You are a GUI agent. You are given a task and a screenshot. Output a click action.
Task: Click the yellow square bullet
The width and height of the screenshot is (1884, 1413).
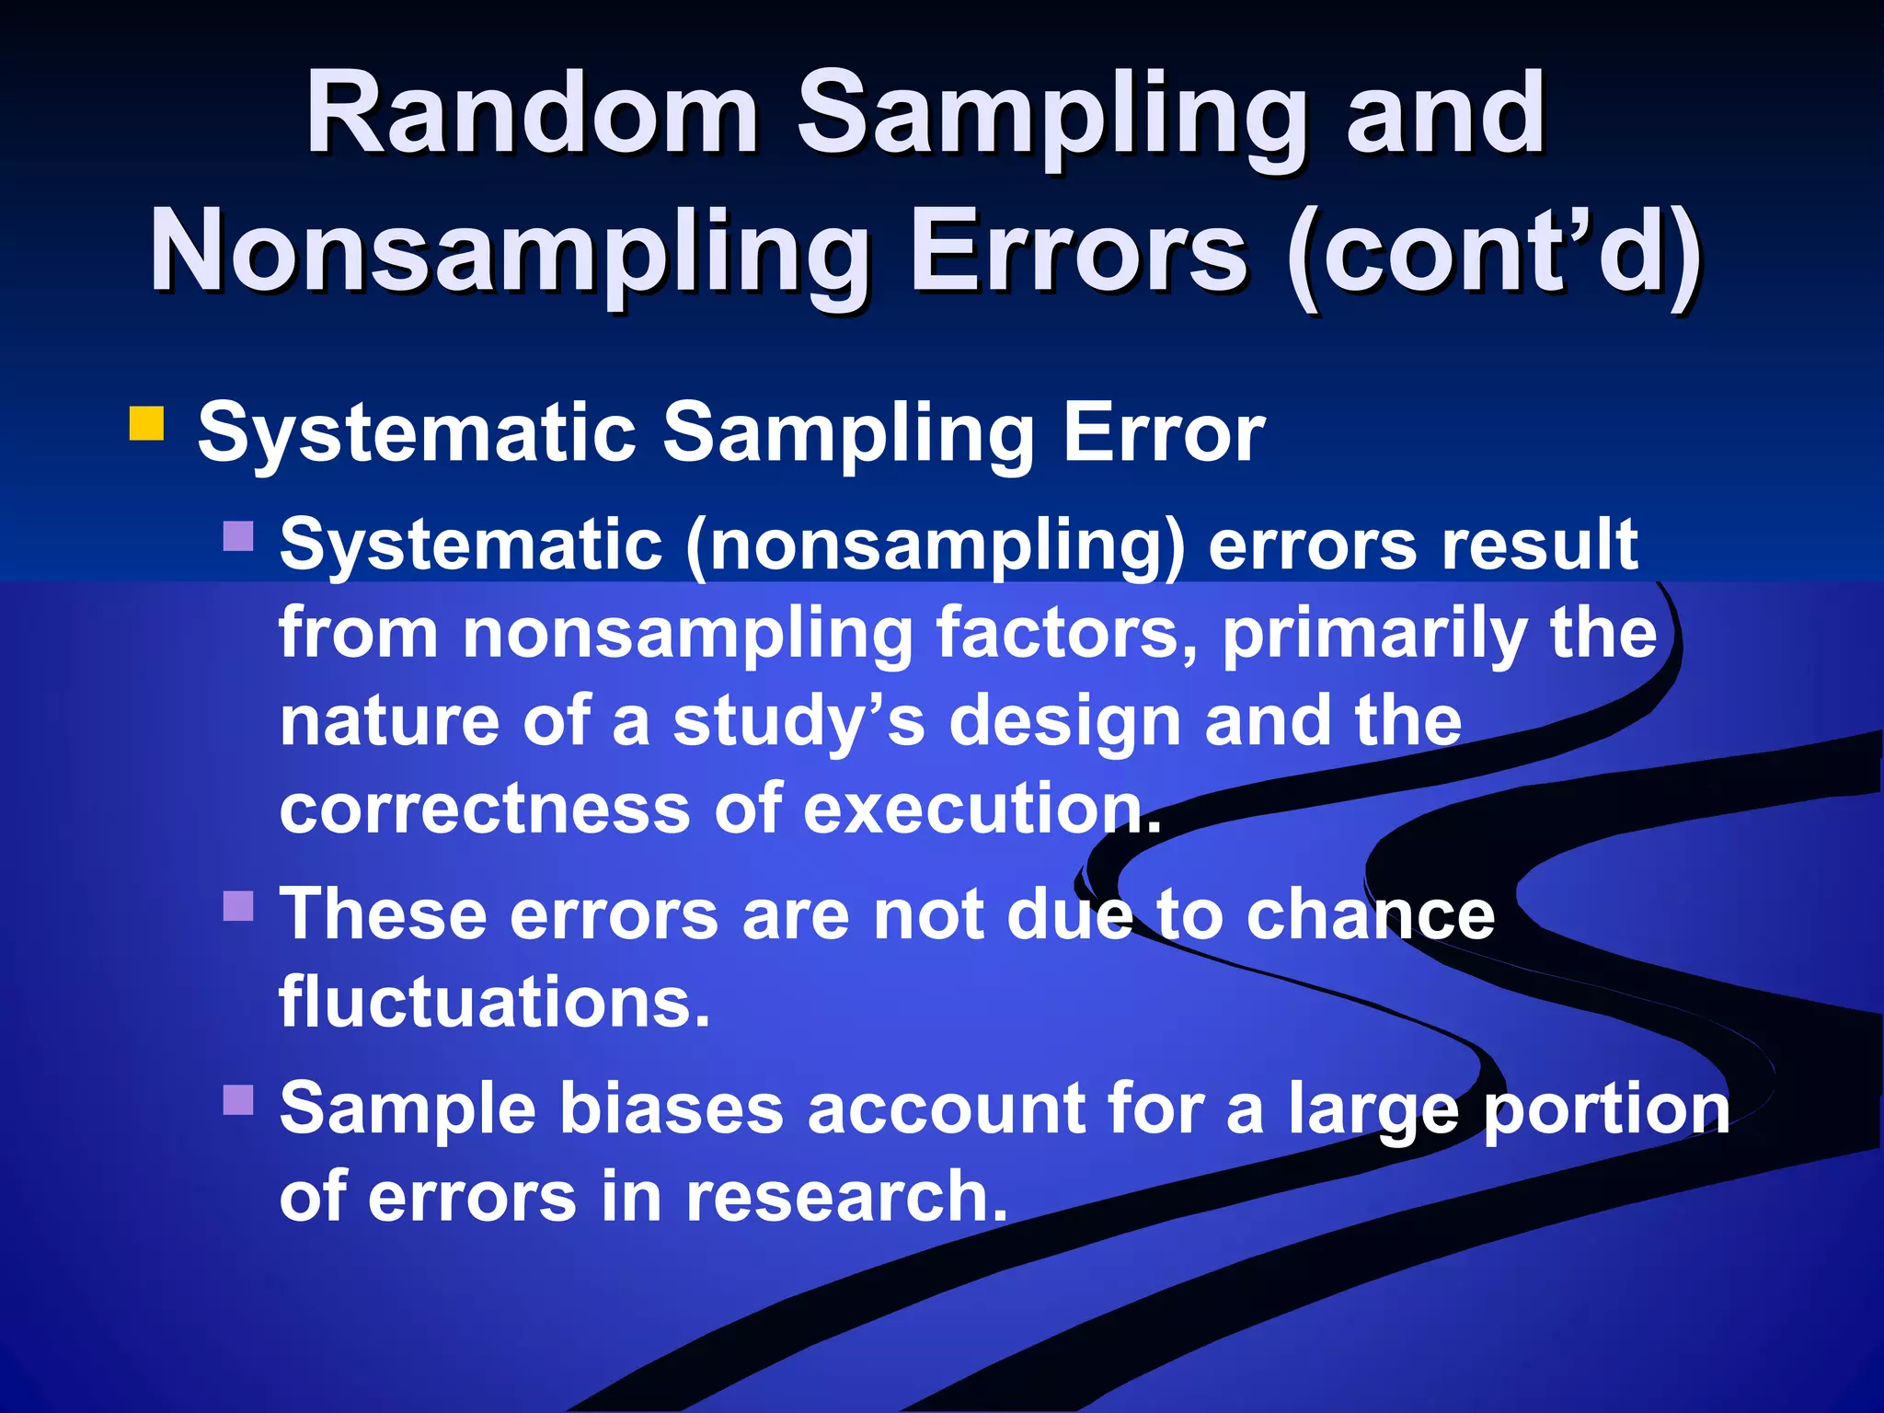coord(146,424)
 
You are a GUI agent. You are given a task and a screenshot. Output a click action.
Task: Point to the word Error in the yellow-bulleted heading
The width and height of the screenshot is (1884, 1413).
coord(1164,432)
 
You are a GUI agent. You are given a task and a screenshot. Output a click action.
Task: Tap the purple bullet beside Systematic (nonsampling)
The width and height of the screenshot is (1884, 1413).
coord(238,536)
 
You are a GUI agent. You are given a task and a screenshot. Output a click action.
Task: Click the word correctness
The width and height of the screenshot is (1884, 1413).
coord(485,810)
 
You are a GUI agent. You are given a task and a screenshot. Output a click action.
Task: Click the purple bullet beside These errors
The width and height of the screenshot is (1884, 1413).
coord(238,906)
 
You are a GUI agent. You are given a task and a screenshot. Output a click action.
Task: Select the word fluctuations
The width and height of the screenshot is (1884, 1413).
coord(494,1003)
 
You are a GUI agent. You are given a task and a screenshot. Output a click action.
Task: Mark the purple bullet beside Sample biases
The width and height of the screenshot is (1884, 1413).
coord(238,1099)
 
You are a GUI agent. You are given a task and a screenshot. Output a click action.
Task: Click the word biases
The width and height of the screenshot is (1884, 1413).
coord(672,1109)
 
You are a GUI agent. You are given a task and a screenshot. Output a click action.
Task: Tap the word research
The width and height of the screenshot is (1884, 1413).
coord(846,1197)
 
